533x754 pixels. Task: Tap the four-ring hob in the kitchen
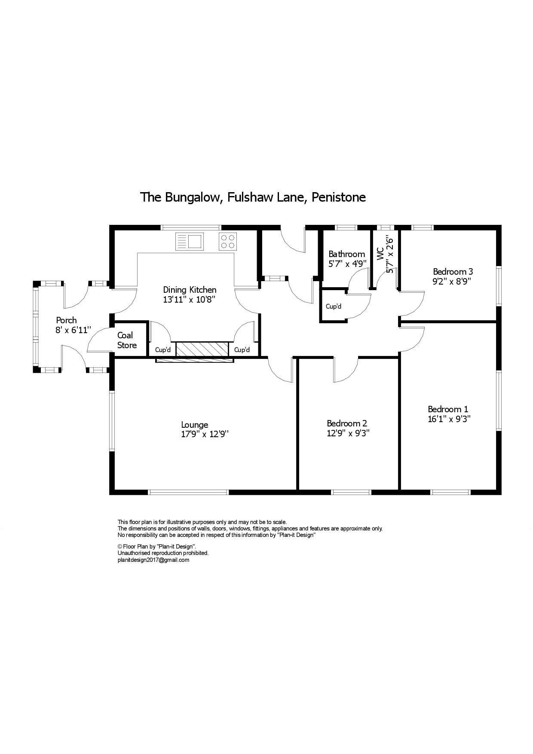click(x=228, y=241)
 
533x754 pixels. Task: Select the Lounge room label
click(x=195, y=425)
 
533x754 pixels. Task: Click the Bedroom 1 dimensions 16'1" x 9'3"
click(x=449, y=419)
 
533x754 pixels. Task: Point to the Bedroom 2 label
click(x=347, y=423)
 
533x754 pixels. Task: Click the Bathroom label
click(x=347, y=254)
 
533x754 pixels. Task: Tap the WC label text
click(x=380, y=254)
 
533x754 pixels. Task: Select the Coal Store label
click(x=127, y=340)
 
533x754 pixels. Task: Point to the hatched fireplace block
click(x=202, y=349)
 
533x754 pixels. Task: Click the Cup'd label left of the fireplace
click(x=163, y=350)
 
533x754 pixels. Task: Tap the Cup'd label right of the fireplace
click(x=242, y=350)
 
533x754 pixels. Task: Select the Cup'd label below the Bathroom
click(x=334, y=307)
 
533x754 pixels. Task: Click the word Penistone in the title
click(x=339, y=197)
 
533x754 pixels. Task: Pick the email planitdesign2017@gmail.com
click(x=153, y=560)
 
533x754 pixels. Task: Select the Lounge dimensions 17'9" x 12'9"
click(x=205, y=434)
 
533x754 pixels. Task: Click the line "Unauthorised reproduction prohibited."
click(x=163, y=553)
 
